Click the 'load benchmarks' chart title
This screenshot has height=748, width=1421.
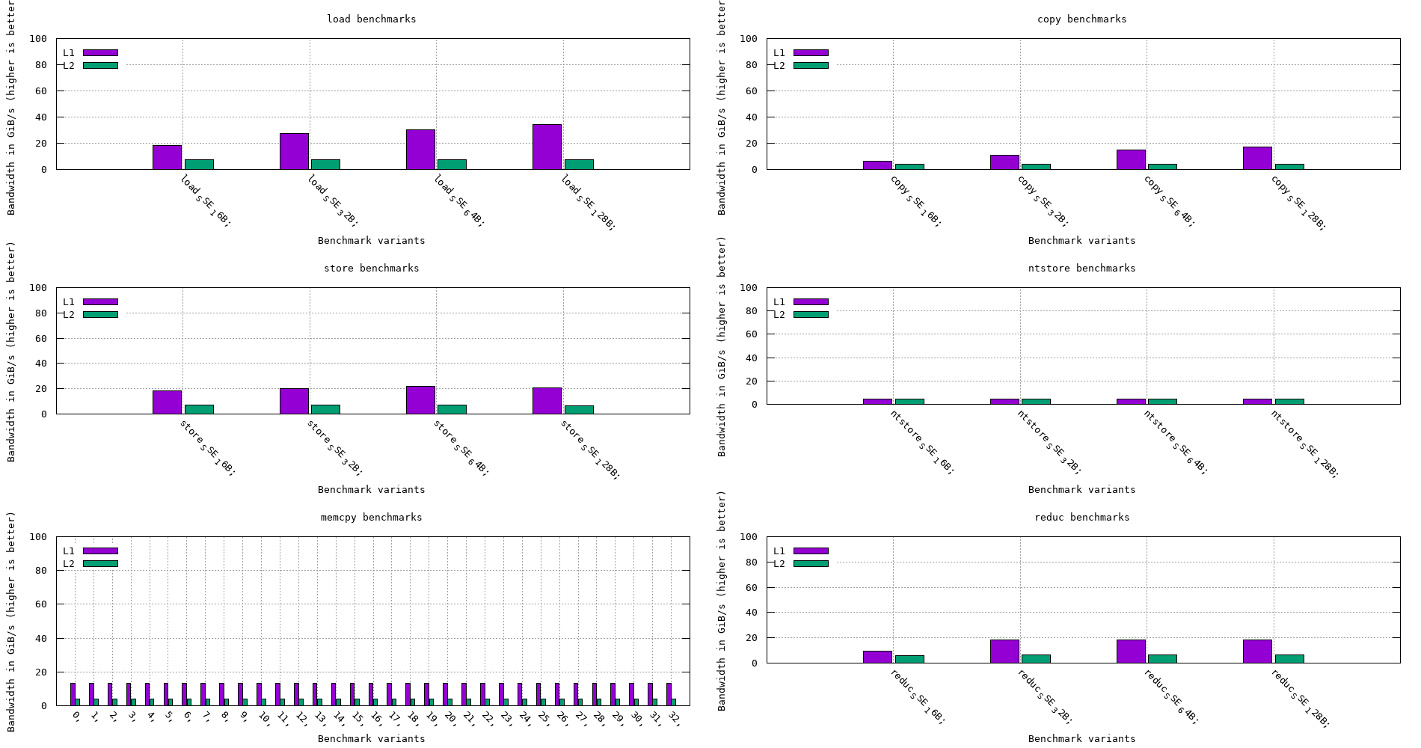[371, 19]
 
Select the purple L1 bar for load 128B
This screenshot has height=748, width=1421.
[547, 147]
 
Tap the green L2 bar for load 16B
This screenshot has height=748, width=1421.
[199, 165]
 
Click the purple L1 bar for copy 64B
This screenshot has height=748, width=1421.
[1131, 160]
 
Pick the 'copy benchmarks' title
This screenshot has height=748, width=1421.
[1081, 19]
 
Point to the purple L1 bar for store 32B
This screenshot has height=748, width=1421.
[294, 401]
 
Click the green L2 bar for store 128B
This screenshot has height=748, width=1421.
[579, 410]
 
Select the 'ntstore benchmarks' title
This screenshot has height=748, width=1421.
[1081, 268]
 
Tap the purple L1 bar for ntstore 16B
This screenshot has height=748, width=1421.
[877, 402]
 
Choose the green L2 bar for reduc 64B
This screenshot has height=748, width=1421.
[1162, 659]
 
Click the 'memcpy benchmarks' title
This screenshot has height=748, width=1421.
[371, 517]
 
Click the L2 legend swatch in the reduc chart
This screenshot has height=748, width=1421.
[811, 563]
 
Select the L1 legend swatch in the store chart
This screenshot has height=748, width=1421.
[100, 301]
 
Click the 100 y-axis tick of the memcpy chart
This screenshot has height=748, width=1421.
[40, 536]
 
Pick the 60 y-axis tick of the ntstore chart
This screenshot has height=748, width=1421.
[751, 334]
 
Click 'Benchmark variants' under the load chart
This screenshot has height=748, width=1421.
[371, 240]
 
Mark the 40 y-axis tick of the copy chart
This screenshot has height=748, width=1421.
[751, 117]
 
